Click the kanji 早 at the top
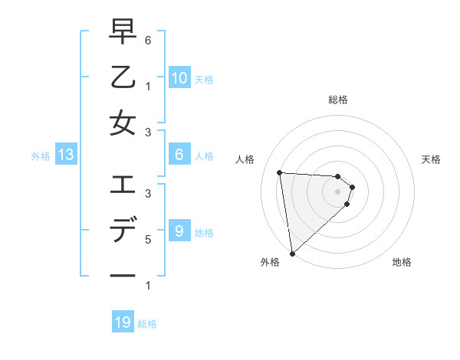tap(123, 32)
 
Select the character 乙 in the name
tap(123, 77)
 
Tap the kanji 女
tap(123, 123)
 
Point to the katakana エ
tap(123, 185)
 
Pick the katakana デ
tap(123, 230)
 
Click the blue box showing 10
tap(179, 78)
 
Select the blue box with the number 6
tap(179, 155)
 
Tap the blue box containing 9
tap(179, 231)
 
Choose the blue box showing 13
tap(65, 155)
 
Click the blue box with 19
tap(123, 322)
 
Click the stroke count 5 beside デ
tap(148, 239)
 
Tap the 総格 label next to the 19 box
tap(147, 324)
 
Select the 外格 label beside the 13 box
tap(41, 156)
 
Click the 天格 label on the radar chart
tap(432, 159)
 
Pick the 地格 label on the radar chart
tap(402, 262)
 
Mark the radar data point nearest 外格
tap(292, 253)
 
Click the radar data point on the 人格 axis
tap(280, 172)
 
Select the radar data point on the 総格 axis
tap(337, 176)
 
